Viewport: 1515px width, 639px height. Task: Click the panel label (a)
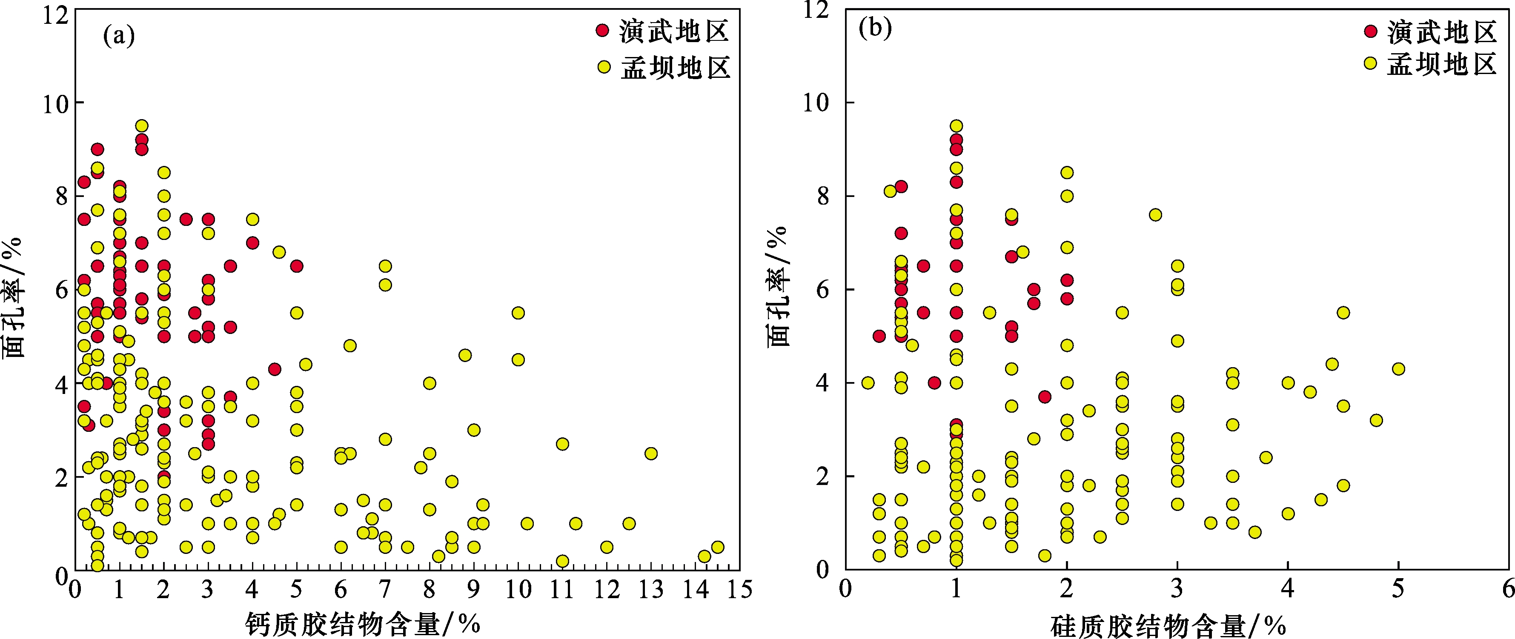tap(119, 37)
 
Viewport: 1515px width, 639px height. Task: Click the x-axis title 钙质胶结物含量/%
tap(362, 624)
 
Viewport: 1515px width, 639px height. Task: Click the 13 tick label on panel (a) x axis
tap(650, 590)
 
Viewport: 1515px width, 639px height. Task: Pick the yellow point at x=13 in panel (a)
tap(650, 453)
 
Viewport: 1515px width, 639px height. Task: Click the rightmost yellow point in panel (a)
tap(718, 547)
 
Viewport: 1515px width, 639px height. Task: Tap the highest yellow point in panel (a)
tap(142, 126)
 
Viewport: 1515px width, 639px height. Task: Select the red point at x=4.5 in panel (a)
tap(275, 369)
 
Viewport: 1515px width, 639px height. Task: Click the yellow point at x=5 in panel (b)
tap(1398, 368)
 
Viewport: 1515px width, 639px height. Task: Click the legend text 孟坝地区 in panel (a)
tap(675, 68)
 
